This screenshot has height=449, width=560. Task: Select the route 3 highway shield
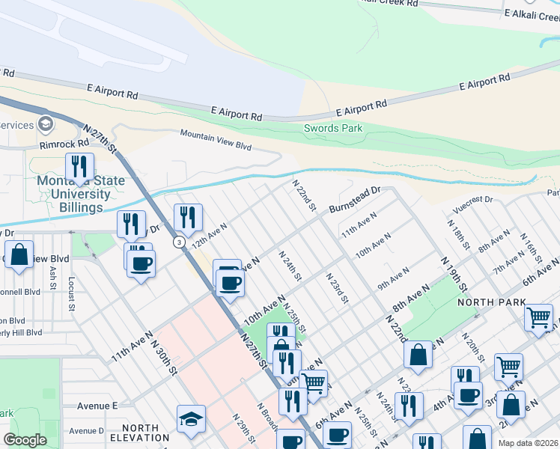point(179,242)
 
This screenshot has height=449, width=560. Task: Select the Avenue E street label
point(98,406)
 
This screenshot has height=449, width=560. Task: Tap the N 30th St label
point(163,358)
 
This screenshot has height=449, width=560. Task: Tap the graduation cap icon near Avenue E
point(191,419)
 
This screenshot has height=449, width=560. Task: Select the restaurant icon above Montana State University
point(79,167)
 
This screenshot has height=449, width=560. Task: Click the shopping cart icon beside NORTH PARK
point(538,317)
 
